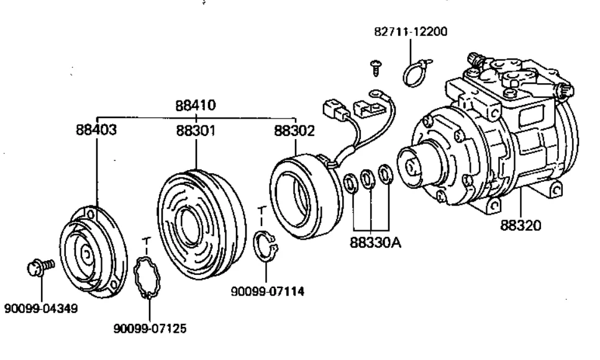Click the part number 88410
196,106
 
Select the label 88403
96,130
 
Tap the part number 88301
196,131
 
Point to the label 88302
294,131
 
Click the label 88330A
376,243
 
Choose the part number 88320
520,225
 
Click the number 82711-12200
411,32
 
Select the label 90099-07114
268,292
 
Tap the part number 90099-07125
150,328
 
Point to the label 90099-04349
41,308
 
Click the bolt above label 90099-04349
41,266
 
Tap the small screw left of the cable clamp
376,68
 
